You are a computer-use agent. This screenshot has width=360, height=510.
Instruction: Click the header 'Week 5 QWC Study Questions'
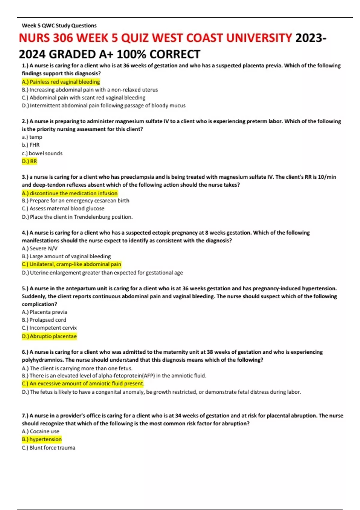(59, 25)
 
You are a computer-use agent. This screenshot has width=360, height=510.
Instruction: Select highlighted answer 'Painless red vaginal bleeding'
(61, 82)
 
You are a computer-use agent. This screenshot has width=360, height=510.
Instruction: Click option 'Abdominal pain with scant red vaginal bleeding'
(83, 97)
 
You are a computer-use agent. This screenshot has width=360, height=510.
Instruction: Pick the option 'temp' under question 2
(32, 137)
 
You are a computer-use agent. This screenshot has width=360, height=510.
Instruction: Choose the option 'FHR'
(31, 145)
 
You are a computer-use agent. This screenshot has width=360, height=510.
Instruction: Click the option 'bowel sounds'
(42, 153)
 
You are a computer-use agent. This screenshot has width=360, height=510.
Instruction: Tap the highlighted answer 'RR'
(29, 161)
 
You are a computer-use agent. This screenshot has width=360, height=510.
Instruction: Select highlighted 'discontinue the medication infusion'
(70, 193)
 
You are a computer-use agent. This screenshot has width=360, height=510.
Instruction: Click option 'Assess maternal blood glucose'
(63, 208)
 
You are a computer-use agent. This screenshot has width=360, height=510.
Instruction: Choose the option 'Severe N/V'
(40, 248)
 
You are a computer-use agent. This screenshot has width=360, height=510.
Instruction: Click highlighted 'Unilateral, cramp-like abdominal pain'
(71, 264)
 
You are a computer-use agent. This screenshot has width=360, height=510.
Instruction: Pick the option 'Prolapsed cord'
(44, 320)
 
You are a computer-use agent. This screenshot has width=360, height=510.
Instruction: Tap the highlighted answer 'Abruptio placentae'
(49, 336)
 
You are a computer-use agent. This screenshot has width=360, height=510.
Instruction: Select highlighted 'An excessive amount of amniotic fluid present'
(83, 383)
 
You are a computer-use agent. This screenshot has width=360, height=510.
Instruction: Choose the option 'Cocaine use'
(40, 431)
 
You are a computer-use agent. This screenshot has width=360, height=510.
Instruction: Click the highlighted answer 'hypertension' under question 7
(42, 439)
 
